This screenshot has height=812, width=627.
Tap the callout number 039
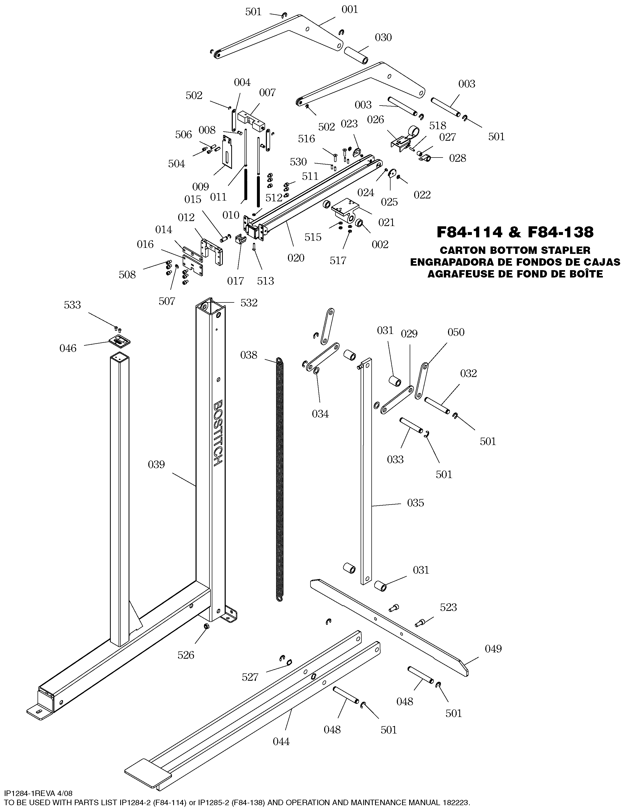coord(156,464)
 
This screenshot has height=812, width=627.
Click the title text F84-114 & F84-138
coord(515,232)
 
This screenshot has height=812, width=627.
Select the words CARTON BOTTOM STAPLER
coord(515,250)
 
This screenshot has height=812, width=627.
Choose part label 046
coord(68,348)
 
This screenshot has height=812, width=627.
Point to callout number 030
coord(383,38)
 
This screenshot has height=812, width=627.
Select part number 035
coord(415,503)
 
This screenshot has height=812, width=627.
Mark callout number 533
coord(72,305)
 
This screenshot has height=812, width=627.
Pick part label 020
coord(296,258)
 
